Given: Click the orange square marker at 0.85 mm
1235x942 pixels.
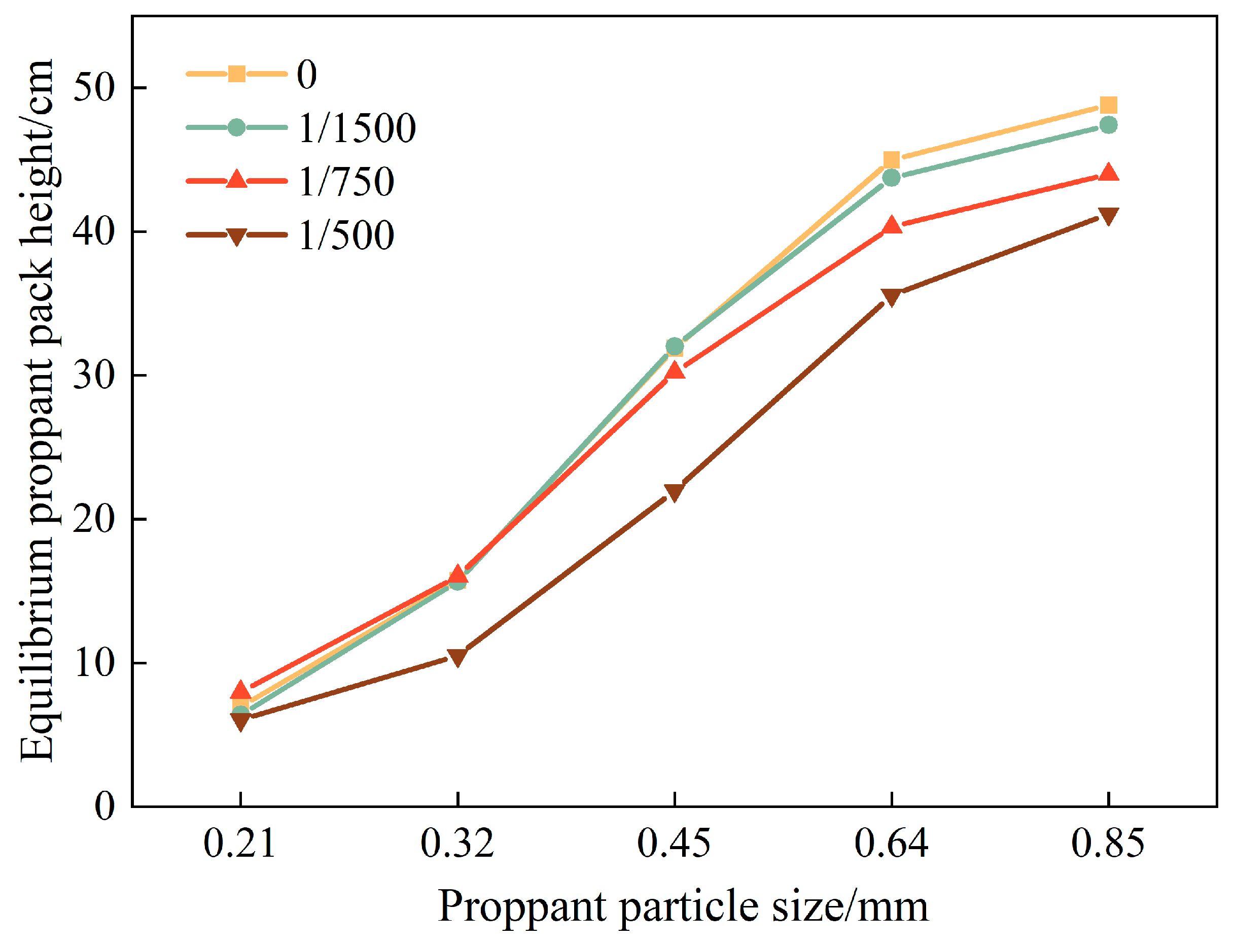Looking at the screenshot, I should [x=1108, y=106].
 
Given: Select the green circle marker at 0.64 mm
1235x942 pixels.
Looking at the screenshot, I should [x=892, y=178].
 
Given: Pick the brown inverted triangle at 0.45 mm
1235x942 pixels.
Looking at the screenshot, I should [x=675, y=492].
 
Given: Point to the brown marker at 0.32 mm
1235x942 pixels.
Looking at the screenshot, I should [x=458, y=657].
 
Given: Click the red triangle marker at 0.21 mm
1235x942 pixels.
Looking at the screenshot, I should [x=240, y=690].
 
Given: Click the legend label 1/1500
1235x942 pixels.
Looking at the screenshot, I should [x=357, y=128].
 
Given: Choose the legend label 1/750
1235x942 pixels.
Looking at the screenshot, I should [x=346, y=182].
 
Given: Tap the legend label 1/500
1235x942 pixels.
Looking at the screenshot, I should [x=346, y=235].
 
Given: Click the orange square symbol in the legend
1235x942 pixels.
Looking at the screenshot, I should [x=237, y=74].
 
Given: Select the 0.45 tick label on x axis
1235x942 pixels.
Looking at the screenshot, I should [x=674, y=844].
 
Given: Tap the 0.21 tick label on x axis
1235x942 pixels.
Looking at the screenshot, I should [x=240, y=844].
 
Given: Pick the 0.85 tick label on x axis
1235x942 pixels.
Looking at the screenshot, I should [x=1108, y=844].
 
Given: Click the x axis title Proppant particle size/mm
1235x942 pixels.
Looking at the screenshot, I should [x=683, y=906].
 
